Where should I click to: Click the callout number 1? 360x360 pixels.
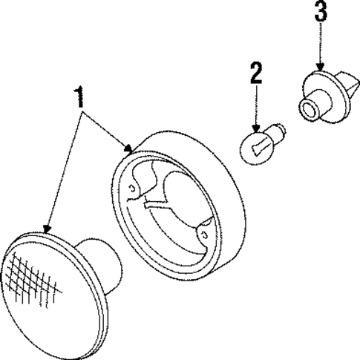click(79, 97)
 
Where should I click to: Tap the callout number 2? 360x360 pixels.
click(256, 73)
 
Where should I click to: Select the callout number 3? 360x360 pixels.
click(321, 11)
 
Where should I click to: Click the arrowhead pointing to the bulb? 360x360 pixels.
click(256, 128)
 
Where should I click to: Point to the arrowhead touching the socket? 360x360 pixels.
click(320, 66)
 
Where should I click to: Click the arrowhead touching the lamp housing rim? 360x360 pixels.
click(128, 148)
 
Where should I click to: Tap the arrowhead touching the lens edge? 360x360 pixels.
click(47, 229)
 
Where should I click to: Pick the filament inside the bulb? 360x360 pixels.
click(258, 148)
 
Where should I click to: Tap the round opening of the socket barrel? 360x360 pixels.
click(309, 109)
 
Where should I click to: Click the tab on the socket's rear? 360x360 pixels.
click(350, 82)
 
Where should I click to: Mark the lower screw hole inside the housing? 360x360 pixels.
click(204, 234)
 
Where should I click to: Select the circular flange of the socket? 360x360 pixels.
click(324, 96)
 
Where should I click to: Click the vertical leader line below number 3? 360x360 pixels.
click(321, 42)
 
